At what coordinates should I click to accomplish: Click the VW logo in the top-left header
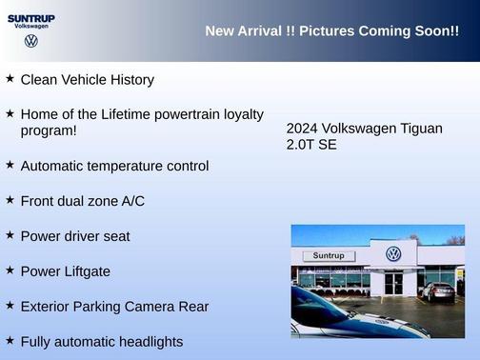(x=31, y=41)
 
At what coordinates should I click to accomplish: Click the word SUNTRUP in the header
(x=31, y=18)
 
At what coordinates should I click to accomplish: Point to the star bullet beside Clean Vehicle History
(x=10, y=79)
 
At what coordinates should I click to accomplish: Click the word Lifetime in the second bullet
(x=120, y=114)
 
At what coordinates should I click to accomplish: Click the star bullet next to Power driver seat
(x=10, y=234)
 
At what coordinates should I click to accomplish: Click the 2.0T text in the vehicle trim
(x=301, y=146)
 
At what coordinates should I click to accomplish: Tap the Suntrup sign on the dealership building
(x=329, y=255)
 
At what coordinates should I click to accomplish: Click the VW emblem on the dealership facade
(x=393, y=254)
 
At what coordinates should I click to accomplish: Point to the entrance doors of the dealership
(x=393, y=283)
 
